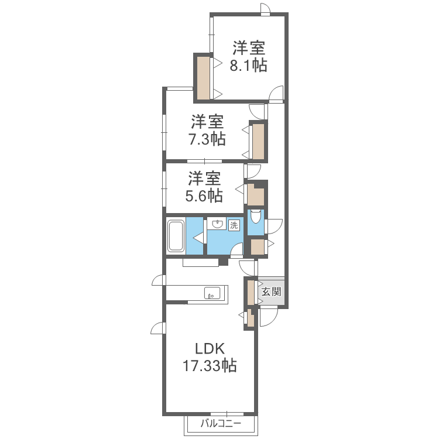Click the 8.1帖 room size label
point(248,65)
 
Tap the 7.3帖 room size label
point(207,139)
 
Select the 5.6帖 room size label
point(204,196)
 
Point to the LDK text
point(210,349)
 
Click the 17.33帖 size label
point(210,365)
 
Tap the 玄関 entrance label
point(271,291)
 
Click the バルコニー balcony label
point(221,423)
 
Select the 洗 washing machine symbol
point(234,225)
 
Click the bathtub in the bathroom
point(176,236)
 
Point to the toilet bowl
point(255,216)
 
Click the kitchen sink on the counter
point(212,293)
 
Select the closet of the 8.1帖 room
point(203,78)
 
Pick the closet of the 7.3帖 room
point(258,142)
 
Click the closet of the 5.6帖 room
point(256,194)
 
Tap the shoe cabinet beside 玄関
point(251,292)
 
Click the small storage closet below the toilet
point(258,247)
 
